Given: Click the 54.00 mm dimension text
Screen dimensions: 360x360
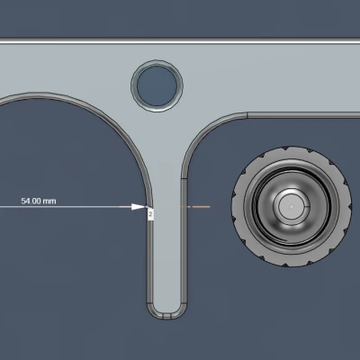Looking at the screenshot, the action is [39, 201].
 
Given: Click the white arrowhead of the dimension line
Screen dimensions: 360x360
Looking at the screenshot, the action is [138, 207].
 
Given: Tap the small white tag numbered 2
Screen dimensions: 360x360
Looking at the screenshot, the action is [150, 214].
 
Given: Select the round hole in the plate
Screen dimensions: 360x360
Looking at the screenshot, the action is [157, 85].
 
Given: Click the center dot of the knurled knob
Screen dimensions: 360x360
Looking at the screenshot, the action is [292, 206].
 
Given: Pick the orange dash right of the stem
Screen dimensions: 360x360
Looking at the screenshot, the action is [201, 207].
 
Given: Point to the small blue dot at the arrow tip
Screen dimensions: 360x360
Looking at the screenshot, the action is [146, 207].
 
